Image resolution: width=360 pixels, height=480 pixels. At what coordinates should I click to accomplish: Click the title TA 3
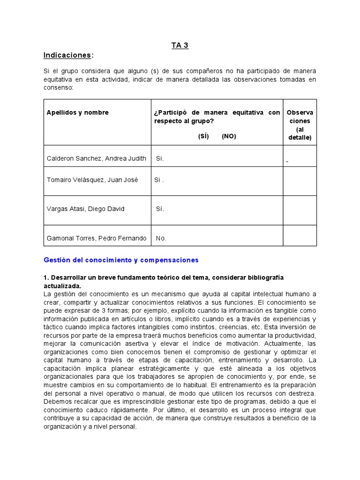(x=180, y=45)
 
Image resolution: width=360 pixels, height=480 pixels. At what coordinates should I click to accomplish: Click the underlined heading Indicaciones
(x=67, y=55)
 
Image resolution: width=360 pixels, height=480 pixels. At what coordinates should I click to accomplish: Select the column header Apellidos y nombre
(x=77, y=112)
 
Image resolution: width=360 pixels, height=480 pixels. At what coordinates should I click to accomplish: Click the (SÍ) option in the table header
(x=203, y=136)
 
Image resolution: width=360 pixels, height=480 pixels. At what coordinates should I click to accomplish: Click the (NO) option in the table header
(x=229, y=136)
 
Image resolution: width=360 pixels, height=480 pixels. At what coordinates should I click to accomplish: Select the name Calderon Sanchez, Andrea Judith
(x=97, y=158)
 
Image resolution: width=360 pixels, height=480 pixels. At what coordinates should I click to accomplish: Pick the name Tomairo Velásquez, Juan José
(x=92, y=180)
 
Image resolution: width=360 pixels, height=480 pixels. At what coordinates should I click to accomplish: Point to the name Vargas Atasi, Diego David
(x=85, y=209)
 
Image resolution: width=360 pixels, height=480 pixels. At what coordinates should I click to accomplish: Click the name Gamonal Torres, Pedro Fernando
(x=97, y=238)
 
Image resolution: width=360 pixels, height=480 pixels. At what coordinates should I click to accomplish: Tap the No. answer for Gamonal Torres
(x=161, y=238)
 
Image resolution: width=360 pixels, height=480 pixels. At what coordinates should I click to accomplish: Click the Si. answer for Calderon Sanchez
(x=160, y=158)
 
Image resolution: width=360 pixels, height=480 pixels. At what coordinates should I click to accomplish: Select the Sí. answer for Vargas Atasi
(x=160, y=209)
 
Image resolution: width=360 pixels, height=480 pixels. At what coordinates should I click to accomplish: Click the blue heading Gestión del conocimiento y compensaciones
(x=121, y=260)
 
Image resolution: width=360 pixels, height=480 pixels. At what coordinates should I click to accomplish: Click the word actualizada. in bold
(x=62, y=285)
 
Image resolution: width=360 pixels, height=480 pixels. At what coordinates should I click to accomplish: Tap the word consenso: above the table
(x=58, y=88)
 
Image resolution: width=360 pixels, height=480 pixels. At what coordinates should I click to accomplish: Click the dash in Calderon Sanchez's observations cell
(x=287, y=162)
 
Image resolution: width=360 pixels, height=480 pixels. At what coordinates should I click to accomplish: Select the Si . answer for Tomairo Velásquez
(x=159, y=180)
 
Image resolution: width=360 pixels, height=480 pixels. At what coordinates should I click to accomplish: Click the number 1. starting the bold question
(x=46, y=277)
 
